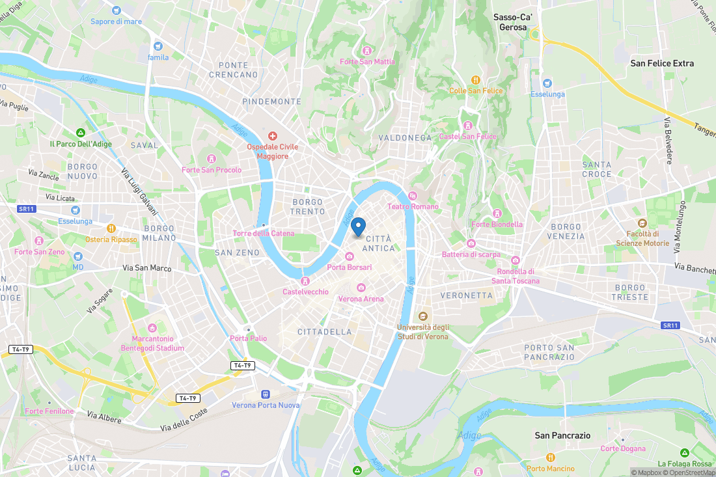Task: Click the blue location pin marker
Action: (x=358, y=227)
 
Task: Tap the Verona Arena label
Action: (x=361, y=299)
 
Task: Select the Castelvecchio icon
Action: (x=305, y=280)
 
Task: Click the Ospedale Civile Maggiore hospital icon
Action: (x=272, y=136)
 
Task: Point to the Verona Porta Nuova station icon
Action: (x=265, y=394)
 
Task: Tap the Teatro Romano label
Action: (x=413, y=206)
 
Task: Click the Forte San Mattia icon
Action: (x=367, y=51)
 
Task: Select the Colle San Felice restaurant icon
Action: (x=476, y=80)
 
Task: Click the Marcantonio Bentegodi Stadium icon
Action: (x=152, y=327)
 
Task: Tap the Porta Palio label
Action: (x=248, y=338)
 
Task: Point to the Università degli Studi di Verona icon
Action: (x=423, y=316)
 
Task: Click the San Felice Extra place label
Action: (x=662, y=63)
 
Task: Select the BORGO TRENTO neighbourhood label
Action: (x=308, y=207)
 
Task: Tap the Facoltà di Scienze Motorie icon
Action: (x=642, y=223)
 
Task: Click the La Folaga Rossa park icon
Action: (x=684, y=452)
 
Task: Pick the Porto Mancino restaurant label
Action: (x=551, y=469)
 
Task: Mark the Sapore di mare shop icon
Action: (x=116, y=10)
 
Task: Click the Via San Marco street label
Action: (x=147, y=267)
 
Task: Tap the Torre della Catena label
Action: (x=263, y=233)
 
